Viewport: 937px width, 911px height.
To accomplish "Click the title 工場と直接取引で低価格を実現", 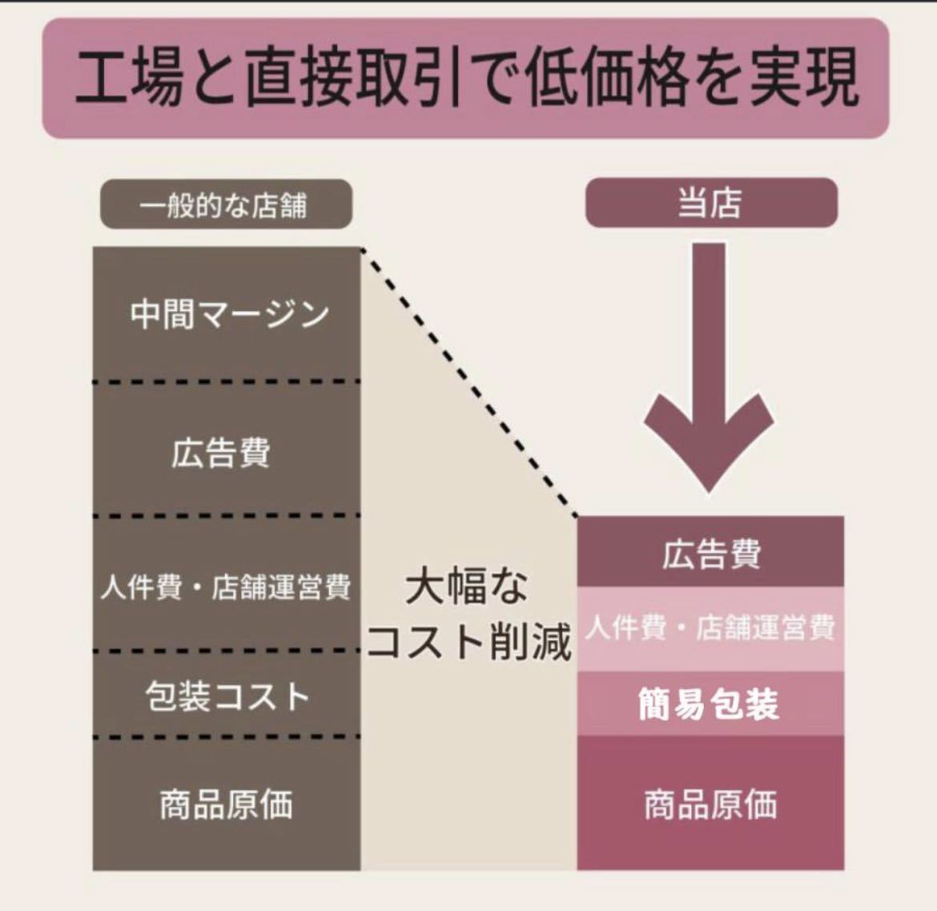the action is click(468, 79).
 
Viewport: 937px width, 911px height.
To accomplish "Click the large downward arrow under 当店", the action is click(710, 368).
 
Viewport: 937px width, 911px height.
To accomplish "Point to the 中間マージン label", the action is click(230, 314).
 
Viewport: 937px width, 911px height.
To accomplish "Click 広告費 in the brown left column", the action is click(220, 453).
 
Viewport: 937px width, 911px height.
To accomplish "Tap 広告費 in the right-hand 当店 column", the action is click(711, 554).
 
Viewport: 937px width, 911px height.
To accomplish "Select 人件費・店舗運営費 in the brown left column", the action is click(226, 587).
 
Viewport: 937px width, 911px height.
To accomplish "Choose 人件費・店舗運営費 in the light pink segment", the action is click(710, 627).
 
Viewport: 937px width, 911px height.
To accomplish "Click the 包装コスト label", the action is click(227, 696).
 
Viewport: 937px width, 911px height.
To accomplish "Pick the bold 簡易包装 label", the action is click(709, 704).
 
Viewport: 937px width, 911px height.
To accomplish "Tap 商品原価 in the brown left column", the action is click(226, 804).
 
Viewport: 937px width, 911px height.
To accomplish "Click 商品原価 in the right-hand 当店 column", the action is click(710, 804).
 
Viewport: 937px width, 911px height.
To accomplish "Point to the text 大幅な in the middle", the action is click(467, 587).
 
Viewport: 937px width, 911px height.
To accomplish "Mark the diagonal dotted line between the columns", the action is click(469, 382).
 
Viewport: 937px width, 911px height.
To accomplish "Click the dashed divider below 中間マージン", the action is click(227, 381).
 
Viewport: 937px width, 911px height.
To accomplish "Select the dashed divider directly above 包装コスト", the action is click(227, 651).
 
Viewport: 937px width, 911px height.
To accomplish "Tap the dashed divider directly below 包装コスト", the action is click(227, 737).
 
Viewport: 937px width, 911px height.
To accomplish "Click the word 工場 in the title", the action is click(128, 79).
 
